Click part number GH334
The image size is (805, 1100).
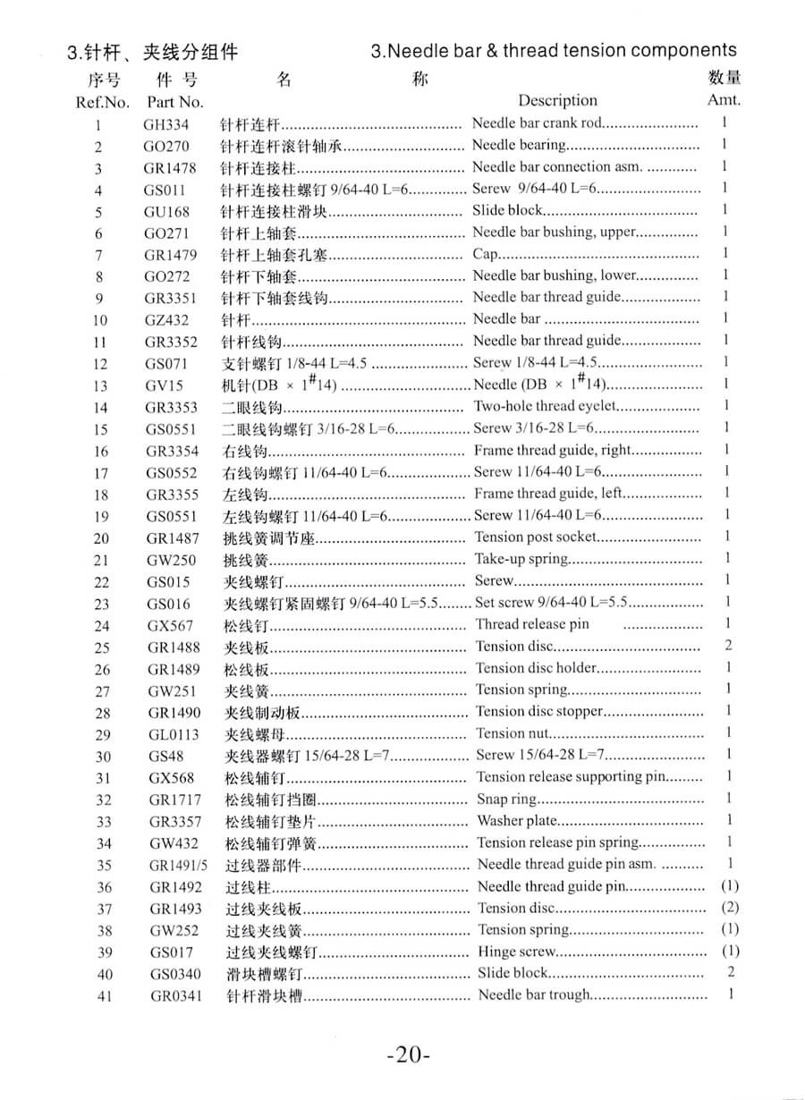coord(166,124)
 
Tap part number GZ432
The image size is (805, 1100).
coord(167,319)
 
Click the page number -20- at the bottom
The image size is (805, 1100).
coord(409,1054)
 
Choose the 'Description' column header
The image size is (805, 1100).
coord(557,100)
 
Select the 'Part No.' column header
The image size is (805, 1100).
coord(175,102)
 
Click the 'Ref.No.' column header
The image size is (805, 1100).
coord(103,102)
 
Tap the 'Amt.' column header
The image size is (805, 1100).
coord(724,99)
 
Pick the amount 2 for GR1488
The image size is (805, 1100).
coord(729,646)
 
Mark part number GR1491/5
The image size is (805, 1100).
coord(178,865)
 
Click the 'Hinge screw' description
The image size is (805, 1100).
coord(517,952)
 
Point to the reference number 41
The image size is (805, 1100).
coord(105,995)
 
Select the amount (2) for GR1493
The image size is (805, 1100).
coord(730,907)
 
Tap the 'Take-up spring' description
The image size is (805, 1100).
coord(521,559)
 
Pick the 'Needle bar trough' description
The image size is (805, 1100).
coord(535,994)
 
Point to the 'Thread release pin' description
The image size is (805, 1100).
coord(532,624)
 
